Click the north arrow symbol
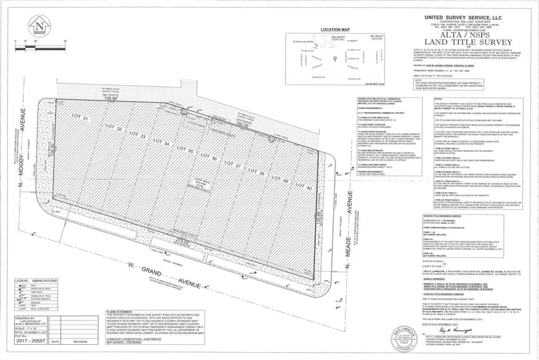click(40, 27)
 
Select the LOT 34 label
click(162, 143)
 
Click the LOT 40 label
click(306, 187)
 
